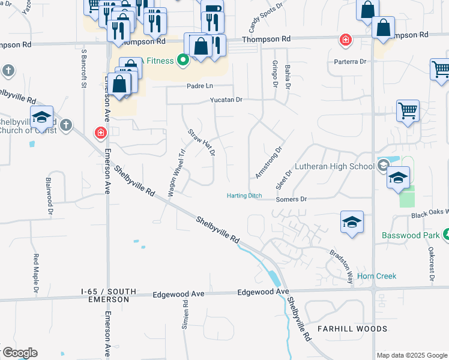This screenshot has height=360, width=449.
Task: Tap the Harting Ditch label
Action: tap(244, 196)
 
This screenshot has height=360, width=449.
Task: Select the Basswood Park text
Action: tap(411, 235)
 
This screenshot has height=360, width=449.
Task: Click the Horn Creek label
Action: tap(376, 276)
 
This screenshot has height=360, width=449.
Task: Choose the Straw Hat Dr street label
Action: tap(201, 143)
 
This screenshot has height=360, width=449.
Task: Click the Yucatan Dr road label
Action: tap(226, 100)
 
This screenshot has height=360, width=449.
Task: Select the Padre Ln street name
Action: tap(201, 86)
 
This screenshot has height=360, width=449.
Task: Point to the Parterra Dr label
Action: tap(351, 61)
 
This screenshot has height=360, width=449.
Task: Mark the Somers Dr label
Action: tap(291, 199)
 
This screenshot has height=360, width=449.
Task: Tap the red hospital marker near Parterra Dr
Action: tap(345, 41)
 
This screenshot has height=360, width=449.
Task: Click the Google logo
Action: tap(19, 353)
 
